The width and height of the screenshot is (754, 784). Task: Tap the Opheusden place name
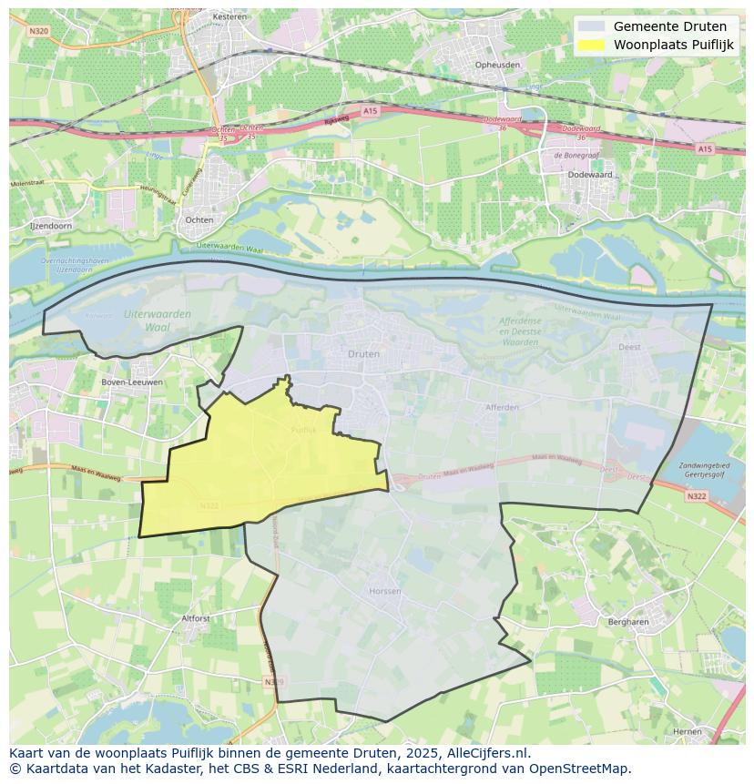click(x=498, y=65)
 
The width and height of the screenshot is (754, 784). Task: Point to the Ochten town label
click(x=199, y=219)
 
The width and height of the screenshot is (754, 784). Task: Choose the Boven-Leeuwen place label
click(x=132, y=382)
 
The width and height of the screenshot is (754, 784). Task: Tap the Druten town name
click(x=363, y=353)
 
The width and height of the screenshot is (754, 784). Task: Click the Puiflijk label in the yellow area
click(x=303, y=430)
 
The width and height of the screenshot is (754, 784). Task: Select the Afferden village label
click(x=502, y=407)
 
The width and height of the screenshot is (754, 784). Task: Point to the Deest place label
click(x=629, y=347)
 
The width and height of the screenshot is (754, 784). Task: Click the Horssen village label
click(x=385, y=591)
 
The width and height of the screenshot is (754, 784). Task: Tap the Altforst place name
click(x=196, y=618)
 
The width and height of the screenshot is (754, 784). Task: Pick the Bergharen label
click(x=627, y=622)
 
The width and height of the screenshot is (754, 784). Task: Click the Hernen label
click(x=687, y=731)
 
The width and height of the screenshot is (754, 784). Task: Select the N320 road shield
click(x=38, y=30)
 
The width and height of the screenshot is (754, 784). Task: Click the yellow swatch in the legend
click(x=591, y=45)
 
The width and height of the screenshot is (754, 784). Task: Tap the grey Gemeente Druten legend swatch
click(x=591, y=26)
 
